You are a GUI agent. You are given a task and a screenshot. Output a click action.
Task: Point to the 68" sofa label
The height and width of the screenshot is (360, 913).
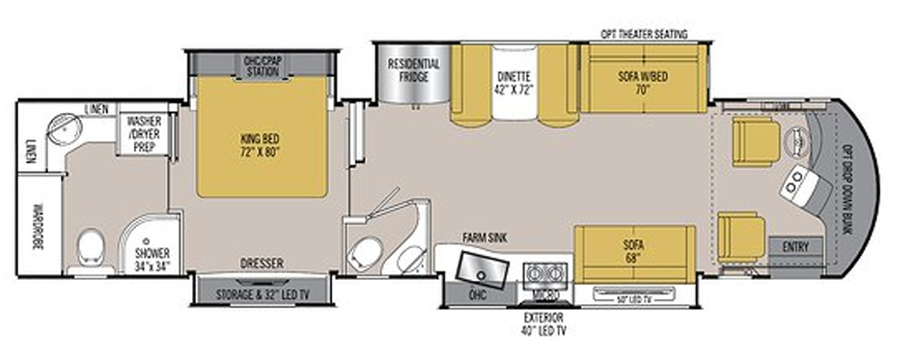pos(631,252)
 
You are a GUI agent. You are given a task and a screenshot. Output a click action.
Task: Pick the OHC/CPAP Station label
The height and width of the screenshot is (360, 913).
pos(263,65)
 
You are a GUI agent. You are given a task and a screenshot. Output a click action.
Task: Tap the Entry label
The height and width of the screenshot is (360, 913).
pos(796,246)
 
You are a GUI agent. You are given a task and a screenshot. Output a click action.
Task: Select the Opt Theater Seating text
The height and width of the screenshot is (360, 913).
pos(644,34)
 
